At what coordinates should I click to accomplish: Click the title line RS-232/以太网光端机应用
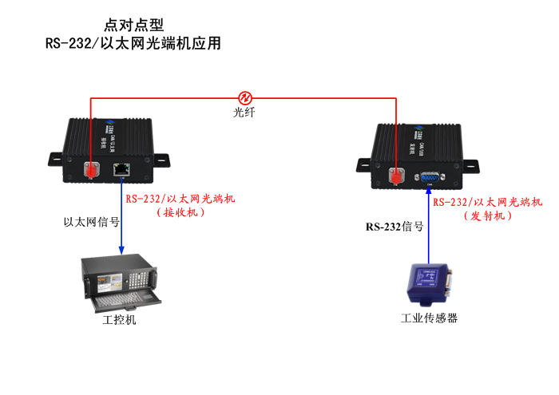coord(133,44)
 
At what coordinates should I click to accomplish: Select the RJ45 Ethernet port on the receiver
coord(121,168)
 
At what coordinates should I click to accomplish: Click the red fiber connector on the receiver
coord(92,169)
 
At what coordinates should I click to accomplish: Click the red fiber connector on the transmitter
coord(397,176)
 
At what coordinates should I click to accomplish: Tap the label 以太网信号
coord(91,222)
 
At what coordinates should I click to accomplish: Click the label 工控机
coord(120,320)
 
